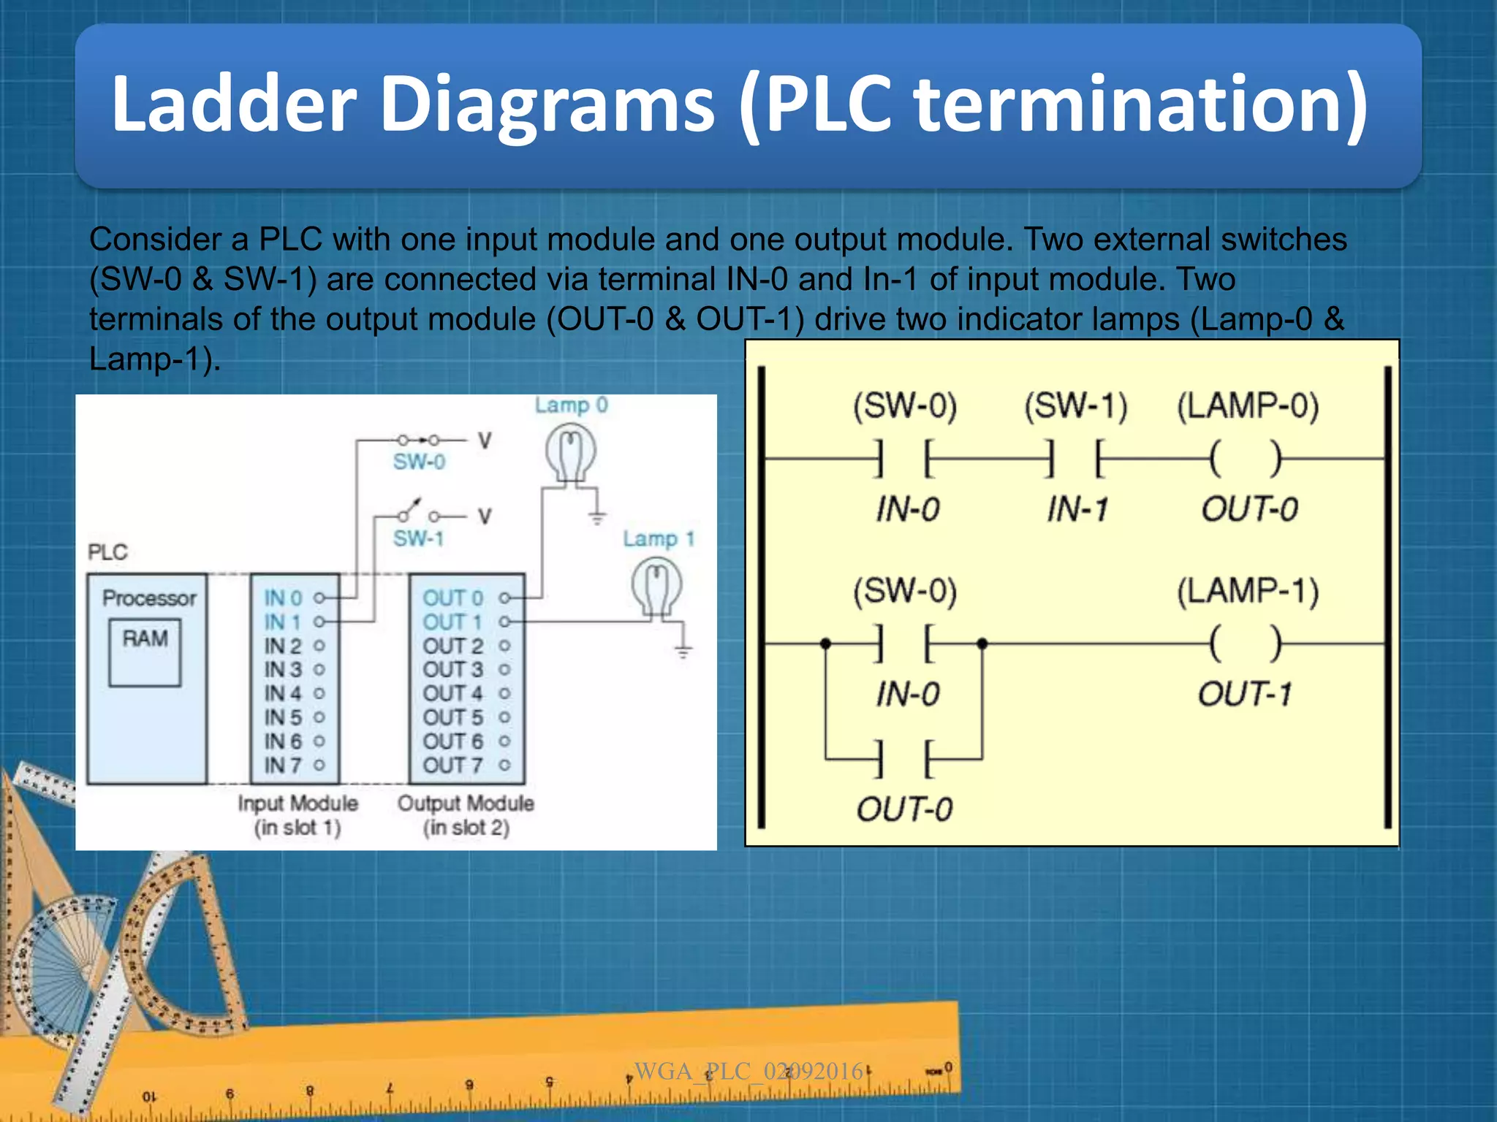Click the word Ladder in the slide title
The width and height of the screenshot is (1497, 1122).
click(233, 104)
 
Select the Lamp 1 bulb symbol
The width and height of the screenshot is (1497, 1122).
click(656, 586)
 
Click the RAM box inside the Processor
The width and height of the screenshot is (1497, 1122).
click(145, 652)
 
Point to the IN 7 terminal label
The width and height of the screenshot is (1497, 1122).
click(283, 765)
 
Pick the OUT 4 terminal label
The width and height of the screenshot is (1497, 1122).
click(452, 693)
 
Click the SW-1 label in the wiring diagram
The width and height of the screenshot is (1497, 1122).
click(418, 539)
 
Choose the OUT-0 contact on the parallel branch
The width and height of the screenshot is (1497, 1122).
click(903, 759)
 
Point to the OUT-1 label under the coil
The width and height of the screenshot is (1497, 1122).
click(1246, 694)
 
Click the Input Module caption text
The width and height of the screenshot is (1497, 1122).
click(297, 804)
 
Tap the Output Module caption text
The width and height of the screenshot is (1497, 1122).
click(466, 804)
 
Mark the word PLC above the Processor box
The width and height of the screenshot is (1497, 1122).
click(107, 552)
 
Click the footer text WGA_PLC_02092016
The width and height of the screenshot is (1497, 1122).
click(749, 1072)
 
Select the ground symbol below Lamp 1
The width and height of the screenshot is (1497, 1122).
click(683, 650)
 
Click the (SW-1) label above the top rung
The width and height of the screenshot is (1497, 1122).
click(1075, 406)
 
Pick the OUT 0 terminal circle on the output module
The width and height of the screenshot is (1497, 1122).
click(504, 598)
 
